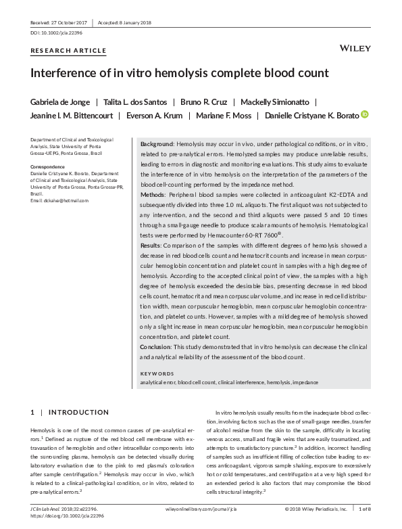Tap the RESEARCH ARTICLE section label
point(68,51)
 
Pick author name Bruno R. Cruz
point(201,102)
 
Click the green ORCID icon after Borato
point(366,115)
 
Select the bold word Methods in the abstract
point(153,195)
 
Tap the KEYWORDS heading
point(157,373)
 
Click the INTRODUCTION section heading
point(78,412)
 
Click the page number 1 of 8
point(363,508)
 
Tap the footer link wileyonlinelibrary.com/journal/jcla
point(201,508)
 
